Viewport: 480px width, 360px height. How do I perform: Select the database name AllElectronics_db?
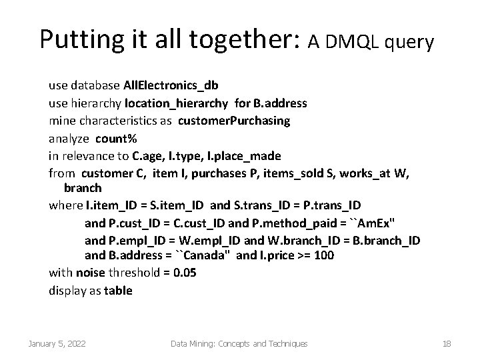[171, 86]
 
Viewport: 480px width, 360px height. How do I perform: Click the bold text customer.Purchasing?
[241, 121]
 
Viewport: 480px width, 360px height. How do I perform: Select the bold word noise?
[90, 273]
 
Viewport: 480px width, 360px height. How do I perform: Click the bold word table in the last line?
[119, 291]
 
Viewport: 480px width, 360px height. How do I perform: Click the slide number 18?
[447, 344]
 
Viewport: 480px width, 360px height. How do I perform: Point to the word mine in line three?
[61, 121]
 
